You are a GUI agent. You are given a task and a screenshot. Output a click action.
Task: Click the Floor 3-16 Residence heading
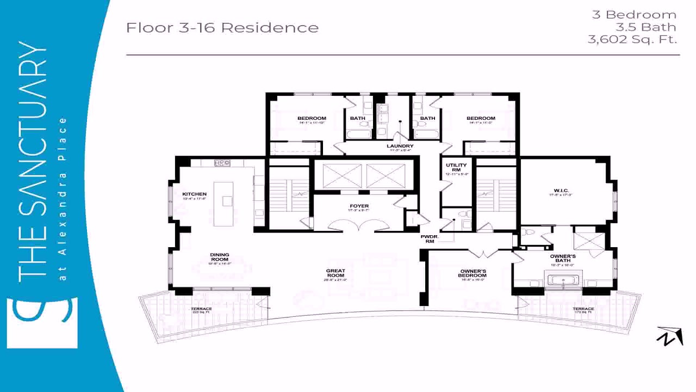click(x=222, y=28)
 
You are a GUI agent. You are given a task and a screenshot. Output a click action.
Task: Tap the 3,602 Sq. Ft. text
click(x=632, y=39)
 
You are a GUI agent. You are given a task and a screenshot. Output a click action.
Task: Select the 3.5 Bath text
click(x=645, y=27)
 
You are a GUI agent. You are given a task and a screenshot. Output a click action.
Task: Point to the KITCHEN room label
click(x=194, y=194)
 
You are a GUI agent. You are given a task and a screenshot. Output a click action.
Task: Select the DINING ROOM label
click(x=220, y=257)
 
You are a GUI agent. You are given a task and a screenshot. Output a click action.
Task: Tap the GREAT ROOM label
click(x=335, y=273)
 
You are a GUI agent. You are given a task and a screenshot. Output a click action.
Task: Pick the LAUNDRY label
click(x=400, y=146)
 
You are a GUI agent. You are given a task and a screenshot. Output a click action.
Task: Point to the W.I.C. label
click(x=560, y=191)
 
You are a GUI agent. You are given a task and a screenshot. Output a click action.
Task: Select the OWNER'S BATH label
click(x=563, y=258)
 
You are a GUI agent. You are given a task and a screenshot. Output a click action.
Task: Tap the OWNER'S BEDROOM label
click(x=473, y=273)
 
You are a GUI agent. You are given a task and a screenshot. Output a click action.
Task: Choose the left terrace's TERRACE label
click(x=201, y=309)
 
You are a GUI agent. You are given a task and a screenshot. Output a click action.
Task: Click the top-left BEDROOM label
click(x=312, y=119)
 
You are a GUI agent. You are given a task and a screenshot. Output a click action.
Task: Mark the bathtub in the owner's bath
click(x=563, y=280)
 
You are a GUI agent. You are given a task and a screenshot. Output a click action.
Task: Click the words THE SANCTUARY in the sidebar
click(x=33, y=163)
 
